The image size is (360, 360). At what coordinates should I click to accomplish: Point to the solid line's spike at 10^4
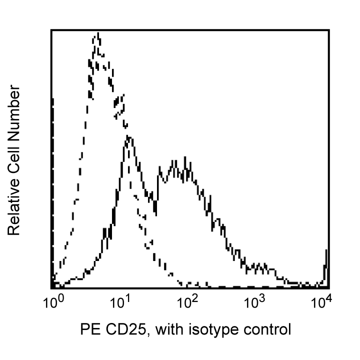[x=326, y=250]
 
